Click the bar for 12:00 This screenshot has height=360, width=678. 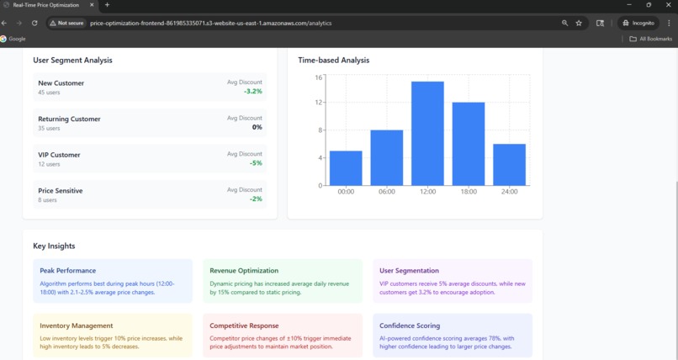pyautogui.click(x=427, y=133)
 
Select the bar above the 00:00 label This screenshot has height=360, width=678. pyautogui.click(x=346, y=168)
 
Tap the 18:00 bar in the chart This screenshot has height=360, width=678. pyautogui.click(x=469, y=144)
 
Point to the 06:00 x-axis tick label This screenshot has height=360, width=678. pyautogui.click(x=387, y=192)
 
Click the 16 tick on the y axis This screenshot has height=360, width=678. pyautogui.click(x=319, y=77)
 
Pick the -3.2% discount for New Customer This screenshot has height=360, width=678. pyautogui.click(x=253, y=91)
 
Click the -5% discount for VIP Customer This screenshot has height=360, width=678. pyautogui.click(x=256, y=163)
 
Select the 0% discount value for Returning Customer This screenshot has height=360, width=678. pyautogui.click(x=257, y=127)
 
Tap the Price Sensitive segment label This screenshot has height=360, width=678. pyautogui.click(x=61, y=191)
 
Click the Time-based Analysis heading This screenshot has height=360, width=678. pyautogui.click(x=334, y=60)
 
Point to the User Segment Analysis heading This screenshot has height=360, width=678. pyautogui.click(x=72, y=60)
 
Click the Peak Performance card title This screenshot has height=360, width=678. pyautogui.click(x=68, y=271)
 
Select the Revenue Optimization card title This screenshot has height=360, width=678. pyautogui.click(x=244, y=271)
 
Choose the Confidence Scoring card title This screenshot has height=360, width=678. pyautogui.click(x=410, y=326)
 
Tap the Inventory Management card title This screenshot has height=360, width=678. pyautogui.click(x=77, y=326)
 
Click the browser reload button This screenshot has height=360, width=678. pyautogui.click(x=34, y=23)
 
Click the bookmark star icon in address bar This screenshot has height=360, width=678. pyautogui.click(x=579, y=23)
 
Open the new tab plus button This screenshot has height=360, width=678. pyautogui.click(x=107, y=5)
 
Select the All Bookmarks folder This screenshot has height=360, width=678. pyautogui.click(x=651, y=39)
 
